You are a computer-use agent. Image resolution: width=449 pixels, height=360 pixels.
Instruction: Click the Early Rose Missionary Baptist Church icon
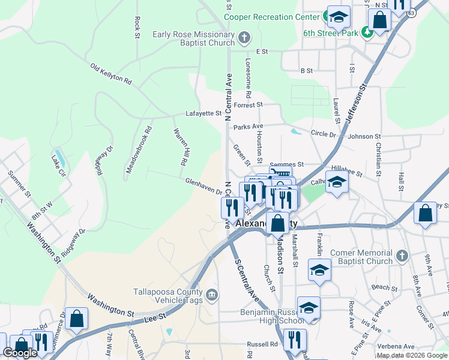[x=244, y=38]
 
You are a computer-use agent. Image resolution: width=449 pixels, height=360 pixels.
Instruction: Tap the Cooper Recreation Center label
[x=271, y=17]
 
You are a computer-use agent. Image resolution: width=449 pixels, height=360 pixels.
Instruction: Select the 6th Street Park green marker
[x=366, y=33]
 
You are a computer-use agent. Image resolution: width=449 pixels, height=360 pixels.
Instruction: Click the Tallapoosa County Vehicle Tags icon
[x=211, y=295]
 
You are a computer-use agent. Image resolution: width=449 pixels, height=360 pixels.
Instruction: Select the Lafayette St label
[x=203, y=113]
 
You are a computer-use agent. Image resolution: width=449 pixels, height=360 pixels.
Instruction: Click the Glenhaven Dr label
[x=204, y=186]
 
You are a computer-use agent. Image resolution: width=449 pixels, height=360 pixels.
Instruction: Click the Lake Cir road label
[x=58, y=166]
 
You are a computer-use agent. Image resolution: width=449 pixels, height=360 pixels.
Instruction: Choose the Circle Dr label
[x=324, y=134]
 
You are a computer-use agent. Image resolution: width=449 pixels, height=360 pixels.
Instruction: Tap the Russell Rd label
[x=262, y=345]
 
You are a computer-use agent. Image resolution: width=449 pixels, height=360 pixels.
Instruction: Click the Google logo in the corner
[x=20, y=353]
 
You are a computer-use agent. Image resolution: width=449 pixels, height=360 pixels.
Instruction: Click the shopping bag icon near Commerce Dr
[x=77, y=319]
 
